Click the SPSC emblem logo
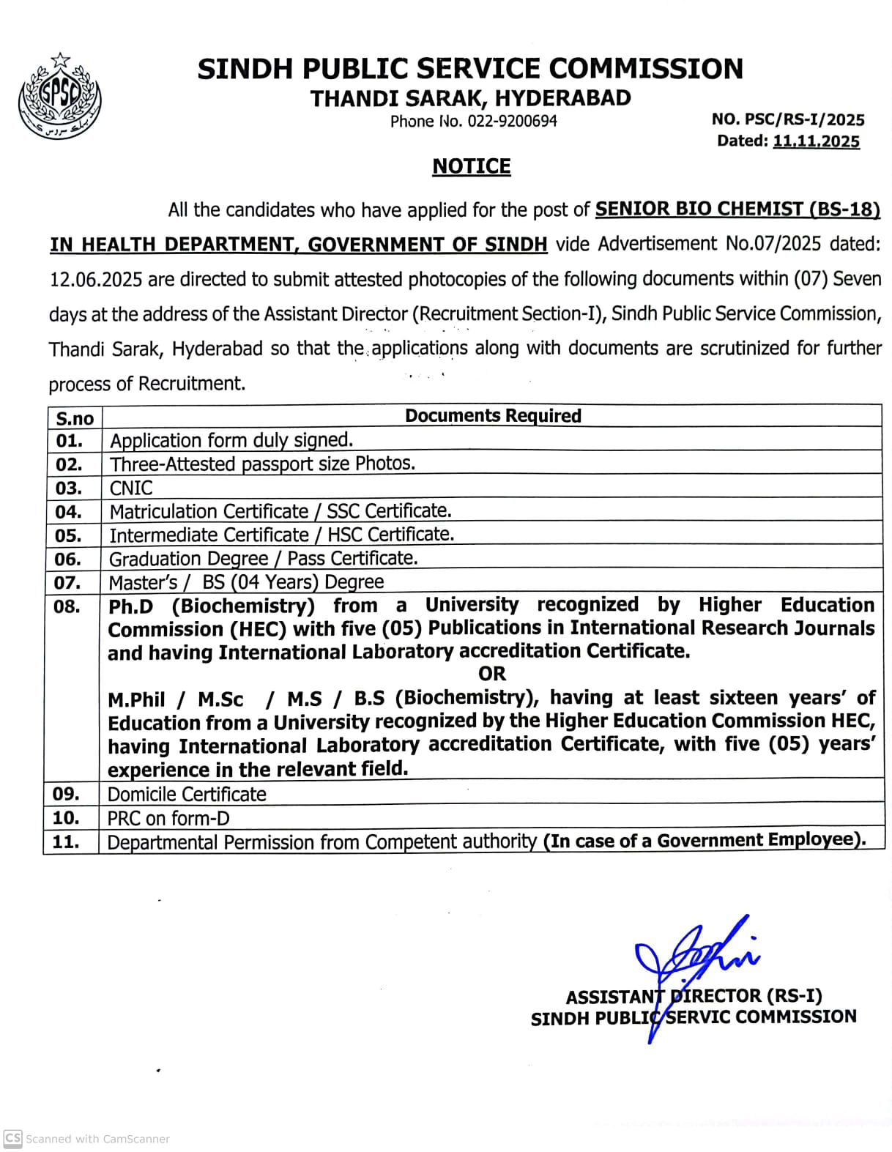(59, 97)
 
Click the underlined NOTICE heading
(471, 167)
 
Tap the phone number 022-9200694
(512, 122)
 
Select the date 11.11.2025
(816, 141)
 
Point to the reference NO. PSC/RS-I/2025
(788, 119)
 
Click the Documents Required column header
(493, 416)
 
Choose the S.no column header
(75, 418)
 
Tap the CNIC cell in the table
(131, 488)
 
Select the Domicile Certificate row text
(187, 794)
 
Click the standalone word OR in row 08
(492, 674)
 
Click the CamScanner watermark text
(97, 1139)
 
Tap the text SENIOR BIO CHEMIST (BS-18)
(737, 209)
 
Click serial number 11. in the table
(66, 842)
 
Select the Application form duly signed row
(231, 440)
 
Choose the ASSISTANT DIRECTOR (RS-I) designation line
(694, 996)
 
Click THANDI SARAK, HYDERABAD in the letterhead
(470, 98)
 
